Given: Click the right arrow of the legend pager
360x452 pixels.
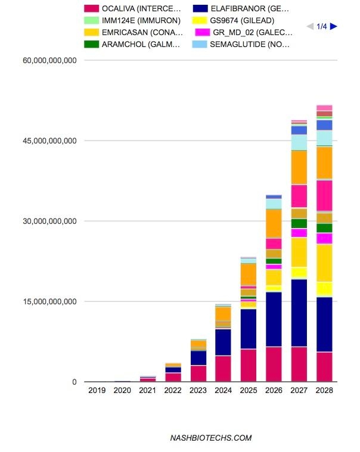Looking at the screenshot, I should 334,26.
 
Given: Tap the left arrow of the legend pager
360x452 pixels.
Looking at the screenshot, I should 309,26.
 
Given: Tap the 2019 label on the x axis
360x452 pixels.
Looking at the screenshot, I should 97,391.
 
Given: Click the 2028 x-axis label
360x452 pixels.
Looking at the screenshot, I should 324,391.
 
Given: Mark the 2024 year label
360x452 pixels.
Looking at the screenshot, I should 224,391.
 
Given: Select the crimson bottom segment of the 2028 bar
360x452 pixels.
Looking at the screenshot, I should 324,366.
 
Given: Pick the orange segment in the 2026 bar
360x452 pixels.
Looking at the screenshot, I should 274,223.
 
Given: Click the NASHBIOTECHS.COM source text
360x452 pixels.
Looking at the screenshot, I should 210,438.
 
